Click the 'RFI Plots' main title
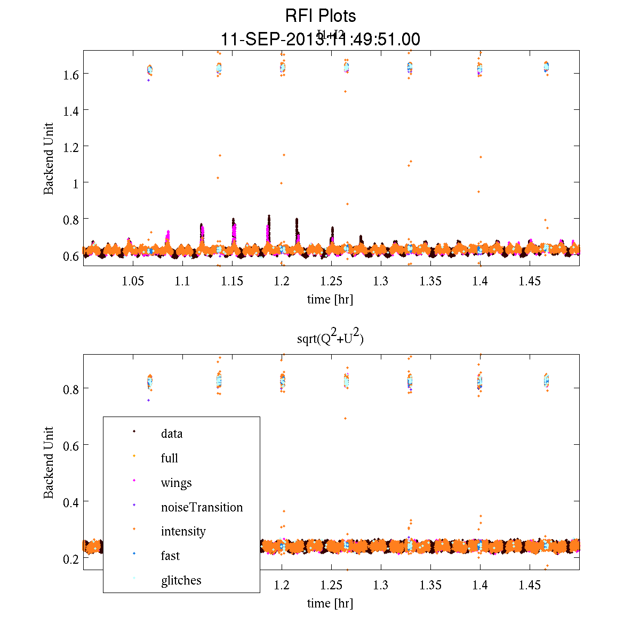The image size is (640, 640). [x=320, y=15]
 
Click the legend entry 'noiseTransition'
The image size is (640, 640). [x=202, y=507]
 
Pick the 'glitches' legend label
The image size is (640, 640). [x=181, y=580]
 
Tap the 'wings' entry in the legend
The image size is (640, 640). [x=176, y=483]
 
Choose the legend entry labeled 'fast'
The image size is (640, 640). [x=170, y=556]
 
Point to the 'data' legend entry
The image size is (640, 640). [x=172, y=434]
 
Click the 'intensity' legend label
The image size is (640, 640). [x=183, y=532]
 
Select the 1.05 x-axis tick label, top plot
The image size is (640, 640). [x=133, y=281]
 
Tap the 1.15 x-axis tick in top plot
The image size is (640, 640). [x=232, y=281]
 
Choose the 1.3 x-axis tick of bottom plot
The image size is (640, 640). [x=381, y=586]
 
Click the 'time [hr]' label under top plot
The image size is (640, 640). [x=330, y=299]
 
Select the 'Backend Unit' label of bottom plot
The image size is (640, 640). [x=49, y=462]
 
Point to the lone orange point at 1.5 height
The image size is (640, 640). [x=345, y=91]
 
